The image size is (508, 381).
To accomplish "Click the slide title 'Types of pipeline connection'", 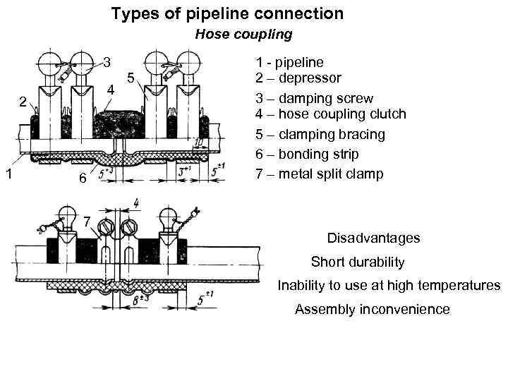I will point(227,13).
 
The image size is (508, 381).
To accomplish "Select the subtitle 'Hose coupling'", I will point(243,34).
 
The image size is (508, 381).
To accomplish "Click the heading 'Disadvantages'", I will point(373,238).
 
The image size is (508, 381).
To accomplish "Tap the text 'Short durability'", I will point(358,262).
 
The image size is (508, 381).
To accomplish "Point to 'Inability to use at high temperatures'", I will point(389,286).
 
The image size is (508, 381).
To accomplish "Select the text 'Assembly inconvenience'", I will point(372,309).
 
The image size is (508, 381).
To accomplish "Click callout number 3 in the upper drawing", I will point(107,62).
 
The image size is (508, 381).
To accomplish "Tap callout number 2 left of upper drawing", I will point(23,102).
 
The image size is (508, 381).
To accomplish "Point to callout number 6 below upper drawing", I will point(83,179).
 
